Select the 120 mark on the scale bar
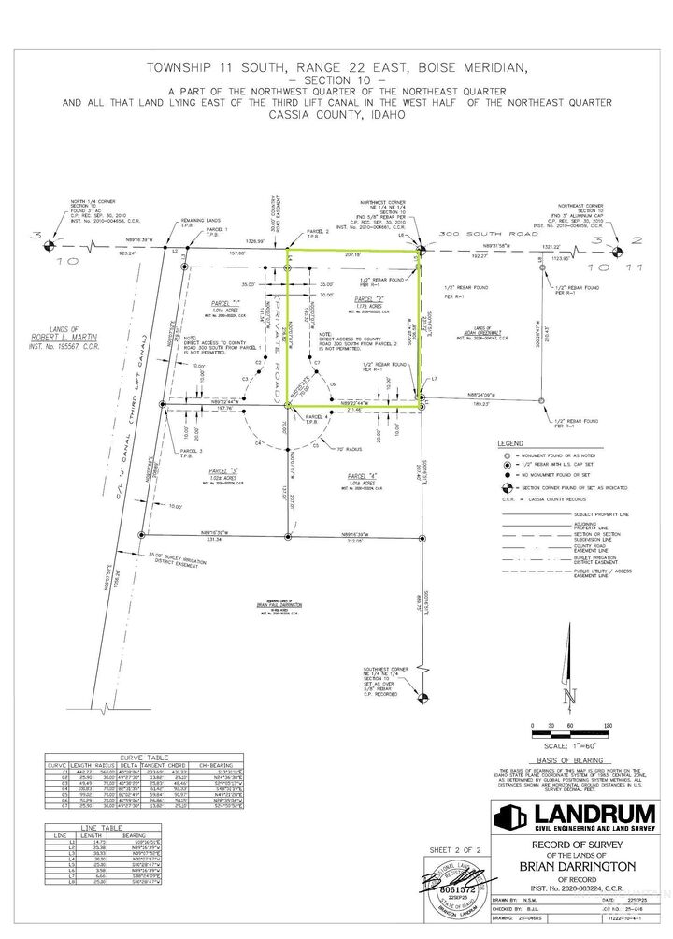click(x=609, y=725)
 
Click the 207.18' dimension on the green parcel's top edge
click(x=351, y=253)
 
